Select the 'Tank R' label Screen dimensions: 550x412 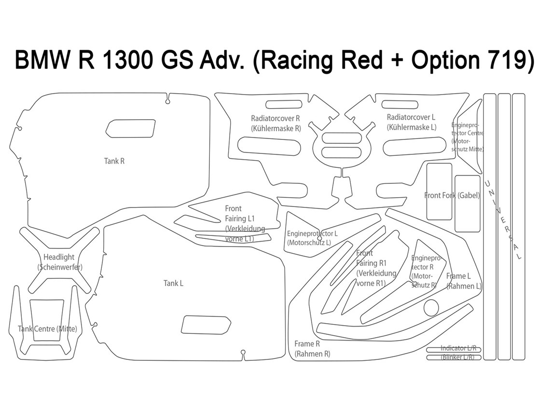pyautogui.click(x=114, y=161)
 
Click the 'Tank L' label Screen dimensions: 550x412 pyautogui.click(x=173, y=283)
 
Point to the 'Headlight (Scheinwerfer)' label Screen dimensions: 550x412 pyautogui.click(x=60, y=262)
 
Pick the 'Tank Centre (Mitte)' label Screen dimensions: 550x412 pyautogui.click(x=47, y=329)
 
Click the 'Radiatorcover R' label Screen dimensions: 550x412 pyautogui.click(x=275, y=124)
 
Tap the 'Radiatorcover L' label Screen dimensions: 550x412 pyautogui.click(x=412, y=122)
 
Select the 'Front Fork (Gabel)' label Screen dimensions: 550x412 pyautogui.click(x=452, y=195)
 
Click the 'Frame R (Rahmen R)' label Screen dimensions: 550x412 pyautogui.click(x=312, y=348)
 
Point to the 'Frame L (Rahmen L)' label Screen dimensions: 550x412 pyautogui.click(x=464, y=281)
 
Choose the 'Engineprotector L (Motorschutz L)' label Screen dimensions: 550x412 pyautogui.click(x=312, y=238)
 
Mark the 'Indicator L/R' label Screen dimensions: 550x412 pyautogui.click(x=458, y=348)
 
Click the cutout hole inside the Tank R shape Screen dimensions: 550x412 pyautogui.click(x=130, y=128)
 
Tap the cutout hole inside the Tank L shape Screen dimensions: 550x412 pyautogui.click(x=206, y=325)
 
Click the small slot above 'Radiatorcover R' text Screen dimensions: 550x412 pyautogui.click(x=284, y=105)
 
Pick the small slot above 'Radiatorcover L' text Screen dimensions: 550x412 pyautogui.click(x=400, y=105)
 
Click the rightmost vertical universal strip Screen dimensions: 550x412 pyautogui.click(x=519, y=227)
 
